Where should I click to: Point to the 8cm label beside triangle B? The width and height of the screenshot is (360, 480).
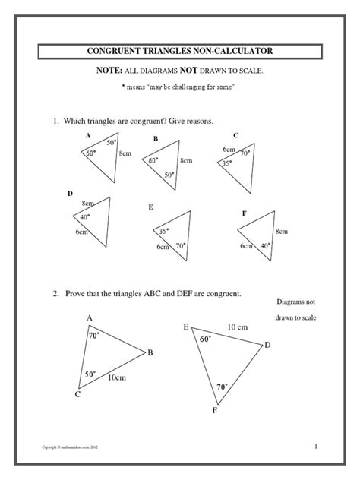point(186,161)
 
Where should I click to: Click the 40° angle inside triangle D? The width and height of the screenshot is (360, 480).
point(85,217)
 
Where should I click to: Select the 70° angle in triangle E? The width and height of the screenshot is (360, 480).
point(181,245)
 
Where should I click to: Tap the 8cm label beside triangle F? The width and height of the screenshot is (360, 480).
point(282,231)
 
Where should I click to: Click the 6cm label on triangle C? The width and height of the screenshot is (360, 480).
point(229,150)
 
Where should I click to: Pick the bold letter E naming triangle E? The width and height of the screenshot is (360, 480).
point(151,207)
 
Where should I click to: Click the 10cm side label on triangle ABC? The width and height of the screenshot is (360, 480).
point(116,377)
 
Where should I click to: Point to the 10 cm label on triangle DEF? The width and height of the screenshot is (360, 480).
point(238,327)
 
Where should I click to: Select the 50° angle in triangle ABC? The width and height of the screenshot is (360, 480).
point(90,374)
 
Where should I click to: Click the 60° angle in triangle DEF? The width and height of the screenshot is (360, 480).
point(204,339)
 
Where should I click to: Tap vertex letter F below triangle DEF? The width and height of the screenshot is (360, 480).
point(215,411)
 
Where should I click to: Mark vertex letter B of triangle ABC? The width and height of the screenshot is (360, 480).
point(150,352)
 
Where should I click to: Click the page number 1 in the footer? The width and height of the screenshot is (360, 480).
point(314,445)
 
